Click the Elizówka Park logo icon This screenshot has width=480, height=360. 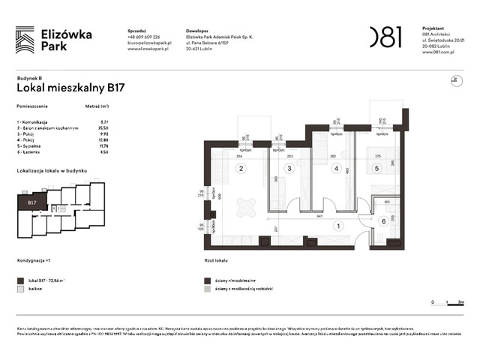(x=25, y=39)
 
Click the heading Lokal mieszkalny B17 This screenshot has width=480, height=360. (x=70, y=87)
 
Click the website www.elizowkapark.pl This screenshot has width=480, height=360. (x=150, y=49)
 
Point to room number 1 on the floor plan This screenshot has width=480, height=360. (x=337, y=226)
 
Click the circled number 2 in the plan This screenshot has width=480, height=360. (x=241, y=168)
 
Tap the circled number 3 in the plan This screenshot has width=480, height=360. (x=288, y=168)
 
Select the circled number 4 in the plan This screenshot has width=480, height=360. (x=337, y=168)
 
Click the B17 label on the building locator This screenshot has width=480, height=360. (x=32, y=202)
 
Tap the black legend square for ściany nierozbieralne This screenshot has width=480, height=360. (x=207, y=280)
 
